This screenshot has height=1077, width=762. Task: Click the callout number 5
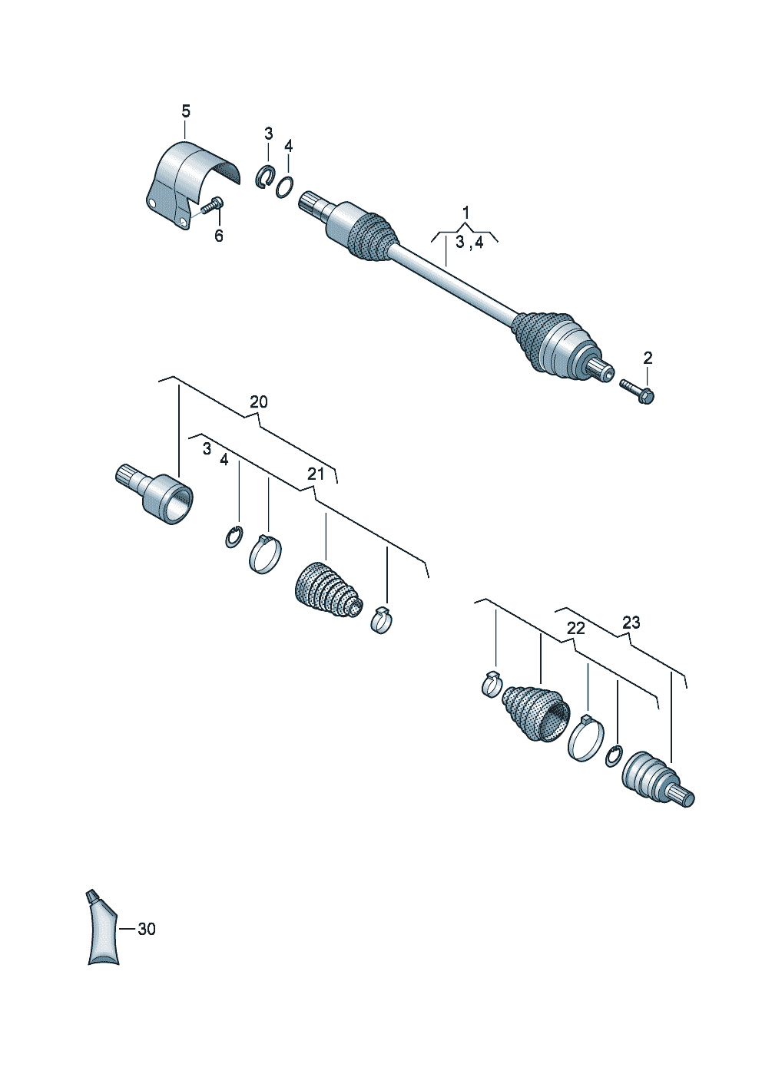click(x=186, y=111)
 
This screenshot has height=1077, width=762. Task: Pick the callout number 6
click(x=219, y=236)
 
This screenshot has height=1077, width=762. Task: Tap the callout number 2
click(x=648, y=358)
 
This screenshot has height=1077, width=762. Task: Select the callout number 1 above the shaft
click(x=465, y=212)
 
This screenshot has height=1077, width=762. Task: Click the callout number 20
click(x=258, y=401)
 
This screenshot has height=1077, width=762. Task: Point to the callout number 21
click(x=316, y=474)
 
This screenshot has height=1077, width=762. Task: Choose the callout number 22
click(x=575, y=628)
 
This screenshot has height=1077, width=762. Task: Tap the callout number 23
click(x=631, y=623)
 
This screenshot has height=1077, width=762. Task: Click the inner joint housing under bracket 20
click(x=154, y=494)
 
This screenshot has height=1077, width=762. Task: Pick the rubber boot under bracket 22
click(x=535, y=713)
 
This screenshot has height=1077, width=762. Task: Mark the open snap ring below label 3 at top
click(x=263, y=176)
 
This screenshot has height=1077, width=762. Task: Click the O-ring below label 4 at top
click(x=285, y=187)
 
